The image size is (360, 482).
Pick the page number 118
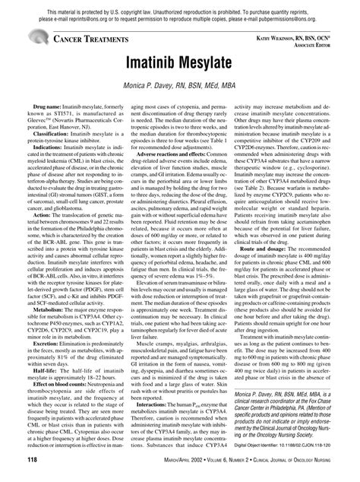[x=31, y=461]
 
